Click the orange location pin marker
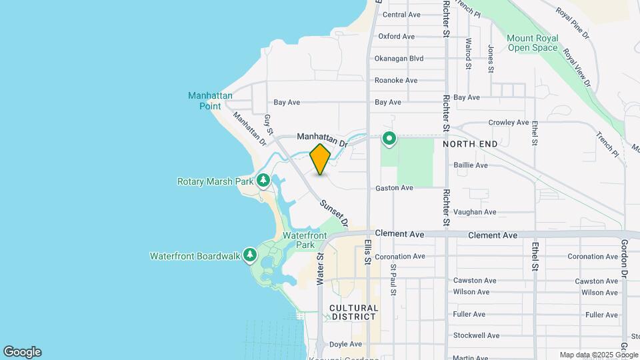click(x=320, y=159)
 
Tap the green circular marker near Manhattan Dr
click(x=389, y=139)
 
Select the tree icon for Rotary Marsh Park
click(x=263, y=181)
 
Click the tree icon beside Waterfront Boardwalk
click(x=250, y=255)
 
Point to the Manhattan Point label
click(x=210, y=101)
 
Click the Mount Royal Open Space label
click(x=531, y=43)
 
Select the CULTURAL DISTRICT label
click(x=354, y=313)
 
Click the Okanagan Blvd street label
click(x=399, y=59)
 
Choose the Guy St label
click(x=269, y=124)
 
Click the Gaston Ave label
click(x=393, y=188)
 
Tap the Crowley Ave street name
click(x=508, y=123)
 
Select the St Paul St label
click(x=393, y=279)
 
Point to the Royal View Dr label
click(x=576, y=67)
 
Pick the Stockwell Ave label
click(x=475, y=335)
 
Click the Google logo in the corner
click(x=22, y=352)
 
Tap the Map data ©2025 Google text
click(x=598, y=355)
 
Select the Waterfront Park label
click(x=305, y=240)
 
